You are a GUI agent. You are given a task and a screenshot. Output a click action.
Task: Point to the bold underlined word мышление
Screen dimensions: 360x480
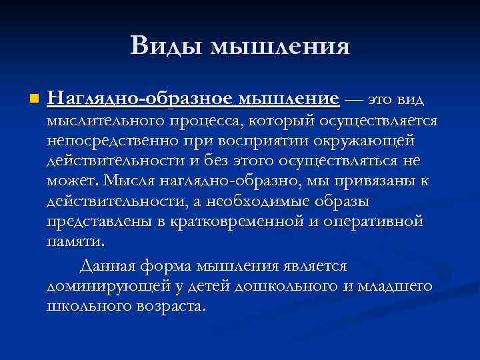click(x=289, y=99)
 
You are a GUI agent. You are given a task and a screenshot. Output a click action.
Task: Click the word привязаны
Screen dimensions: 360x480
click(x=361, y=181)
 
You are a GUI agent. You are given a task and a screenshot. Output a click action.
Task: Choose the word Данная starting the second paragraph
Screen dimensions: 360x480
click(x=127, y=266)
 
